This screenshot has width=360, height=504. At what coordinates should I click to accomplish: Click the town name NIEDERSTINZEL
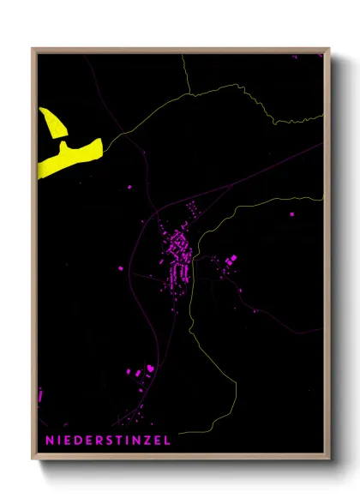(107, 441)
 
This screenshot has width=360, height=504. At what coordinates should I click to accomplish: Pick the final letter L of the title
(167, 441)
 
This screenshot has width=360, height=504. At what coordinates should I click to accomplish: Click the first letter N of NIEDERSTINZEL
(49, 441)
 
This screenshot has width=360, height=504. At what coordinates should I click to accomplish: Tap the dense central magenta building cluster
(179, 255)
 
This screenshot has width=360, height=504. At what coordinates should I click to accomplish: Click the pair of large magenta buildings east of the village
(230, 261)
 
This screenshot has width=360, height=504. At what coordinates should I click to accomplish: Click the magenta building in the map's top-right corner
(295, 56)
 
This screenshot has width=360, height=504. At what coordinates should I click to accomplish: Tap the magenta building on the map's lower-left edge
(40, 397)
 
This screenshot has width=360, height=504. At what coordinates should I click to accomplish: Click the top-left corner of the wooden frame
(33, 49)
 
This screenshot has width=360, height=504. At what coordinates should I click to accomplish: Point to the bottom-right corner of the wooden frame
(328, 459)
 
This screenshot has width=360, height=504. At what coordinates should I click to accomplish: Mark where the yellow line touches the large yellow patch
(103, 144)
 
